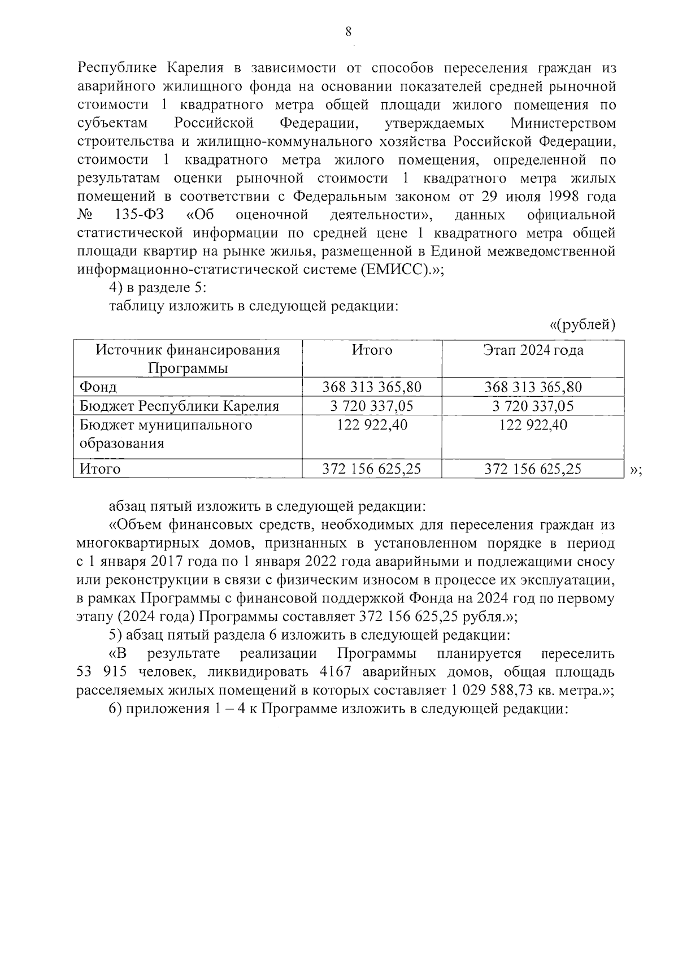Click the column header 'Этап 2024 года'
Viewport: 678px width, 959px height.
click(x=533, y=350)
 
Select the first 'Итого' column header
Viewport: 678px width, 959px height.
click(x=372, y=350)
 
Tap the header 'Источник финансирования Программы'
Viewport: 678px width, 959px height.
click(x=188, y=359)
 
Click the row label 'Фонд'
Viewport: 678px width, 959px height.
click(x=98, y=388)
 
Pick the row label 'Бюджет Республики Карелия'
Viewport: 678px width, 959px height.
click(x=179, y=406)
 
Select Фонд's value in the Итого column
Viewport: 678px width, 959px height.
click(x=372, y=388)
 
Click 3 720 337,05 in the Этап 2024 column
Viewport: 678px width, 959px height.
click(x=533, y=406)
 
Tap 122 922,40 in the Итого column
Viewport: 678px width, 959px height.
click(x=372, y=424)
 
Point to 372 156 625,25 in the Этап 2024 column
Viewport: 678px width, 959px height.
click(x=533, y=469)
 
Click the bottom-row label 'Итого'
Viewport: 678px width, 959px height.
click(x=100, y=469)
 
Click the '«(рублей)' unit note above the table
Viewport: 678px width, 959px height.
click(x=582, y=325)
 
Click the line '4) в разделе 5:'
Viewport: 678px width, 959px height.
click(x=158, y=288)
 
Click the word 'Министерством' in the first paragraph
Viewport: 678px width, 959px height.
click(x=563, y=123)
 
